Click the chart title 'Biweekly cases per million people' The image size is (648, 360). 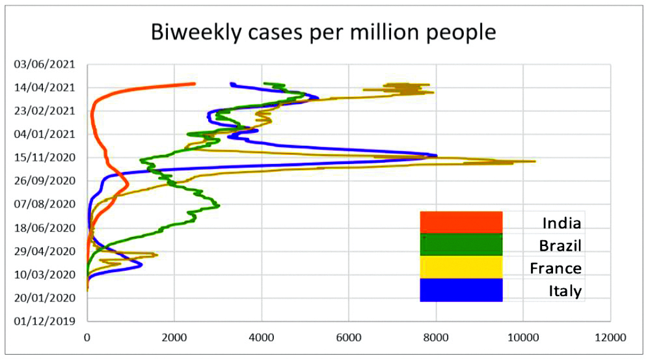[x=323, y=32]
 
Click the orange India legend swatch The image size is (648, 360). [x=461, y=222]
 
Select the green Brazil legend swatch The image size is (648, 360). [x=461, y=244]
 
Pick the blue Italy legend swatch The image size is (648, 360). [x=461, y=290]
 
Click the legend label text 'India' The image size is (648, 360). [x=561, y=223]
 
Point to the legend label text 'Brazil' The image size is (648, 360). [x=560, y=245]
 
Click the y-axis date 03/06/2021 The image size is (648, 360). [x=46, y=64]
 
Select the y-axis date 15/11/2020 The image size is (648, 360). [x=46, y=158]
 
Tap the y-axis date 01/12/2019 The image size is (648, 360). [x=46, y=321]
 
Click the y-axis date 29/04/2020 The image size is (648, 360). [x=46, y=251]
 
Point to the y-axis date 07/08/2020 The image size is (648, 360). [x=46, y=204]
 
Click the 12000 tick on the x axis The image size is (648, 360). [x=610, y=338]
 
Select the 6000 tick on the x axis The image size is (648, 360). [x=348, y=338]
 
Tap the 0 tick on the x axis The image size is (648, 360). [x=87, y=338]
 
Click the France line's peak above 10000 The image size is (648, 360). [x=534, y=161]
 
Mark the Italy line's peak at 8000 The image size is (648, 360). [x=436, y=156]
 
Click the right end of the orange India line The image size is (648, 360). [x=194, y=83]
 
